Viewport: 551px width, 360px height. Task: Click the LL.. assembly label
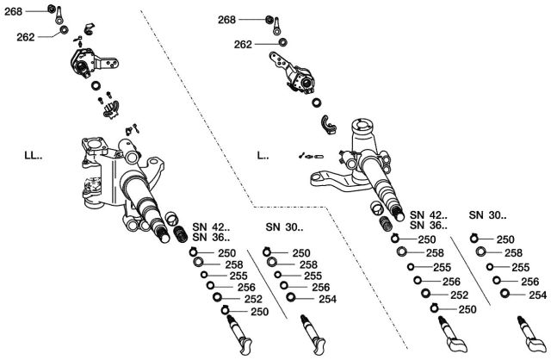tap(34, 157)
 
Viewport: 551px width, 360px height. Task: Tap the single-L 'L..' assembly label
tap(263, 157)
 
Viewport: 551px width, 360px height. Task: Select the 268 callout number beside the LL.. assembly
tap(15, 11)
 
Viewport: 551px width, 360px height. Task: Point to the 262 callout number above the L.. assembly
tap(243, 44)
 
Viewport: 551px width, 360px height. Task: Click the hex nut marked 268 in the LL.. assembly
tap(52, 11)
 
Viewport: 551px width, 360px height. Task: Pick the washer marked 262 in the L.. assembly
tap(282, 43)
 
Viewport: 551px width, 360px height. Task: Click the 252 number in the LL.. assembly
tap(253, 299)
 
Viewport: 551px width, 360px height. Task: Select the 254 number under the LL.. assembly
tap(327, 299)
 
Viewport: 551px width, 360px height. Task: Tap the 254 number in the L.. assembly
tap(537, 295)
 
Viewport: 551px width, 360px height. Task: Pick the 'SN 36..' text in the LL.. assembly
tap(211, 238)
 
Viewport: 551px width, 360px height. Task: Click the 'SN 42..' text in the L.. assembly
tap(428, 214)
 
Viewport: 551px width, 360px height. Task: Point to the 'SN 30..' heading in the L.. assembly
tap(488, 214)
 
